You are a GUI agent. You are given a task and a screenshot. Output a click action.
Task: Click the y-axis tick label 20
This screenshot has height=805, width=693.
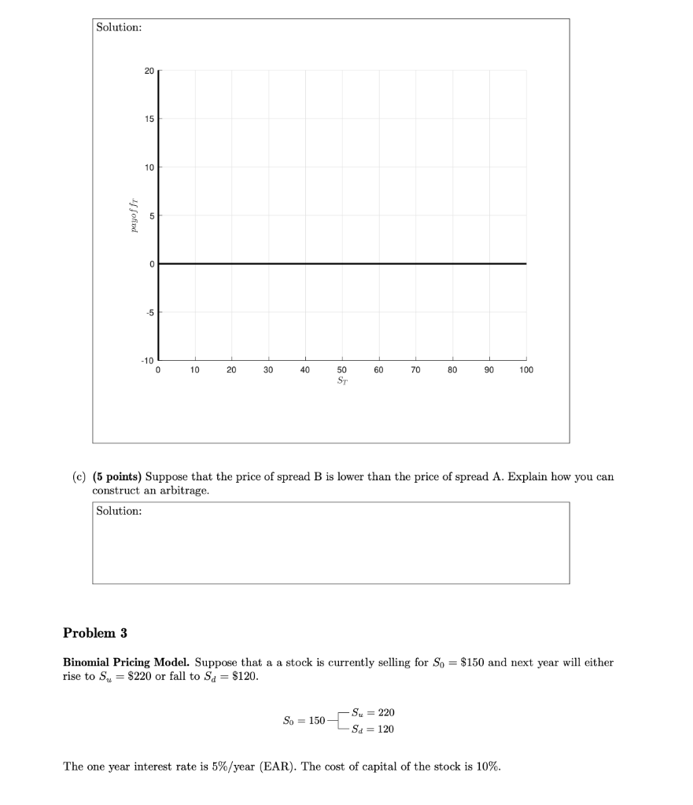pyautogui.click(x=149, y=70)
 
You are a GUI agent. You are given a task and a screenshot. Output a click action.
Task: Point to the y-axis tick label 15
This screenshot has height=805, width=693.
pyautogui.click(x=149, y=119)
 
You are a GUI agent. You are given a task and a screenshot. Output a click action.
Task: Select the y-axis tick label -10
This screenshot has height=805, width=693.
pyautogui.click(x=147, y=360)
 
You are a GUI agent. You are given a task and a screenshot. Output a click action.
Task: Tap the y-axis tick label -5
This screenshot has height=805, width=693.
pyautogui.click(x=148, y=312)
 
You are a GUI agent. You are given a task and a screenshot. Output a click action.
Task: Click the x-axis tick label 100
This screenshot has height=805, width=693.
pyautogui.click(x=525, y=369)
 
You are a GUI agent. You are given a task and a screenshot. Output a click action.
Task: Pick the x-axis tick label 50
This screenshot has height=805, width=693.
pyautogui.click(x=341, y=369)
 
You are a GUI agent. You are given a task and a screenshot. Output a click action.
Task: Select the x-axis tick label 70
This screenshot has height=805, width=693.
pyautogui.click(x=415, y=369)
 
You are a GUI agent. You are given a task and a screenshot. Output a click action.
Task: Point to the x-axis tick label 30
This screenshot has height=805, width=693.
pyautogui.click(x=268, y=369)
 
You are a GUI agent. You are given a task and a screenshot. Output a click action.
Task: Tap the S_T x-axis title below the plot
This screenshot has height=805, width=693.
pyautogui.click(x=341, y=380)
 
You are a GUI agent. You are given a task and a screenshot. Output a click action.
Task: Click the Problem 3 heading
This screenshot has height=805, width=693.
pyautogui.click(x=94, y=633)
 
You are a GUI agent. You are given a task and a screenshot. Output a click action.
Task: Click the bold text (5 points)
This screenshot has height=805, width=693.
pyautogui.click(x=117, y=476)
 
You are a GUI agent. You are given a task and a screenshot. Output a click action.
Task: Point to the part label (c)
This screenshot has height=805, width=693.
pyautogui.click(x=79, y=476)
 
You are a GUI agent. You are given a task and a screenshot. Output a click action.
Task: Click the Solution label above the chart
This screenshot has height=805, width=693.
pyautogui.click(x=119, y=28)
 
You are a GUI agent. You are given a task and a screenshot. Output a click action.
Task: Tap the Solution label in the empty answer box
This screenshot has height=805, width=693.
pyautogui.click(x=119, y=511)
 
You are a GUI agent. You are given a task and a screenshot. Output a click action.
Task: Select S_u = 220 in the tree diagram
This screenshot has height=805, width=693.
pyautogui.click(x=374, y=712)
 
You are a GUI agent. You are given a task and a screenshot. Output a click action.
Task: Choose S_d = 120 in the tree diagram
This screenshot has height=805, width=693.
pyautogui.click(x=374, y=729)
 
